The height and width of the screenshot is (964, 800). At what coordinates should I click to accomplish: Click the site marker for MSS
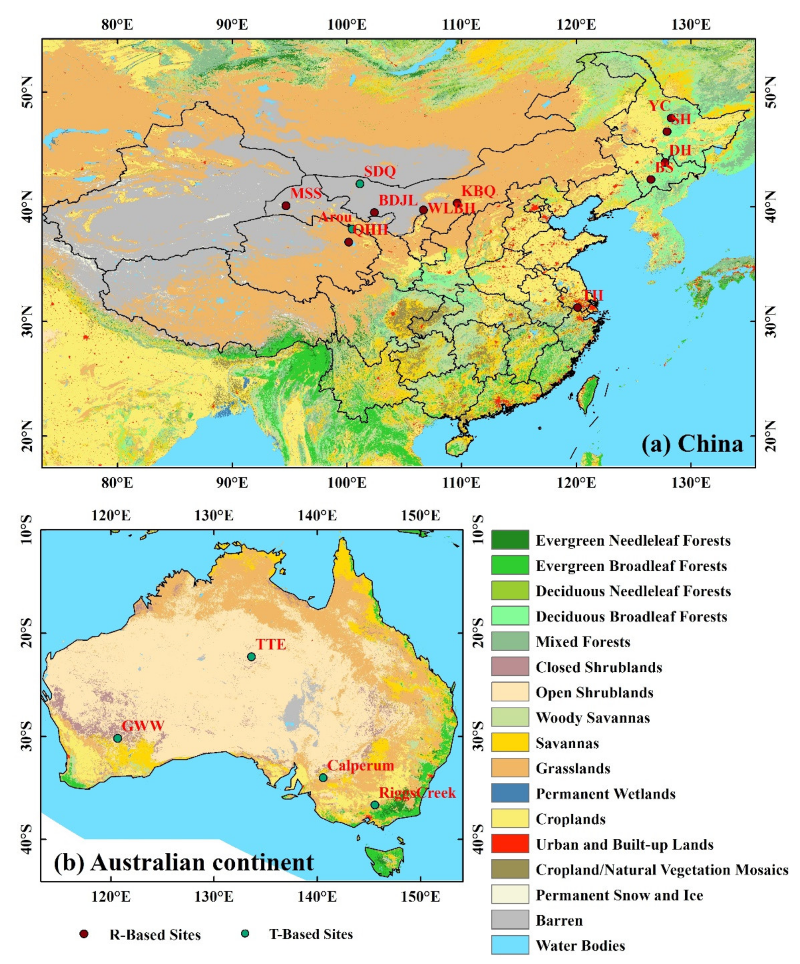286,206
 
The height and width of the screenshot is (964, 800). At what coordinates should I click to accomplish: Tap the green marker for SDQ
360,184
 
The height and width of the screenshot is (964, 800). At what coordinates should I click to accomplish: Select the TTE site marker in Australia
251,657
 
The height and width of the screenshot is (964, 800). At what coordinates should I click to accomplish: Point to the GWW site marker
117,738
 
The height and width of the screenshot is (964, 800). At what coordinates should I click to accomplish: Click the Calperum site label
360,765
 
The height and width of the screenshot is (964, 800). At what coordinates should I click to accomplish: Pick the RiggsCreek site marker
375,805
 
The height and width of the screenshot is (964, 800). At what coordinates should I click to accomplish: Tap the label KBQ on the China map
478,191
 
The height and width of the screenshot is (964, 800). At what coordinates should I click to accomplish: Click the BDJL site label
398,200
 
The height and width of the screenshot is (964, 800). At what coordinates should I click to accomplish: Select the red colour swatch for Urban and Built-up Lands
509,843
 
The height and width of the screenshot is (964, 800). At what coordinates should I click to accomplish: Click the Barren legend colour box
509,919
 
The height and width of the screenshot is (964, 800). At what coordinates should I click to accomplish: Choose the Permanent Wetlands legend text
605,794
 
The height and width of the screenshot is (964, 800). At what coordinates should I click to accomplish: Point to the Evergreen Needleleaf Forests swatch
509,540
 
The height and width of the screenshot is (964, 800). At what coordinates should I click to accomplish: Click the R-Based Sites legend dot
84,934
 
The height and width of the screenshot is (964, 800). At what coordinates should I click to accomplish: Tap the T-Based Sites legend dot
245,934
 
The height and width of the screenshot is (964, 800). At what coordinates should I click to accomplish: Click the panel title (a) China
692,444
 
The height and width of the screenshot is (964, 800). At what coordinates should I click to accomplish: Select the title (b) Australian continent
184,862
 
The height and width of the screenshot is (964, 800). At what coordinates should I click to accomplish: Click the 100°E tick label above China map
346,24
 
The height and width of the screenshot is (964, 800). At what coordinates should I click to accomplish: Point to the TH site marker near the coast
577,307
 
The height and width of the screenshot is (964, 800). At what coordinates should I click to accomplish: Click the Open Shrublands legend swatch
509,691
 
